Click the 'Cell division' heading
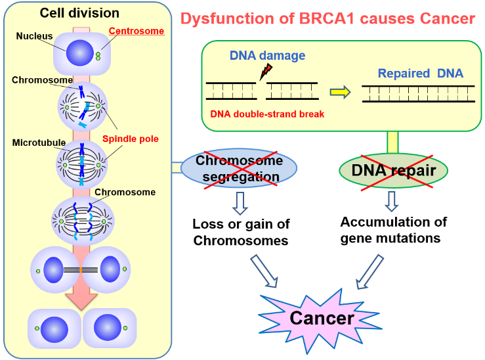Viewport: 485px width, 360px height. coord(79,13)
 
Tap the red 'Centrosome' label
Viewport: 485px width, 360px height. coord(136,30)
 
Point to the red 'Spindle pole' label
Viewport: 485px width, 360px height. coord(130,139)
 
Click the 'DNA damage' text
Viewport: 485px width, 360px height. coord(267,56)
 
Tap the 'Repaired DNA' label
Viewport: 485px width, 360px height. coord(421,73)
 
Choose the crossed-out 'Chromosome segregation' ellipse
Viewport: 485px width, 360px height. coord(240,169)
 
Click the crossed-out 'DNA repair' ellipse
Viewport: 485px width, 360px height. coord(392,171)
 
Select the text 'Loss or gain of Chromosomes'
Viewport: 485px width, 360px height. coord(240,233)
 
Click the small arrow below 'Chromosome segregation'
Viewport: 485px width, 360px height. coord(240,202)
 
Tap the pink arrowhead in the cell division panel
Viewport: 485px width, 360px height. coord(81,299)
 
